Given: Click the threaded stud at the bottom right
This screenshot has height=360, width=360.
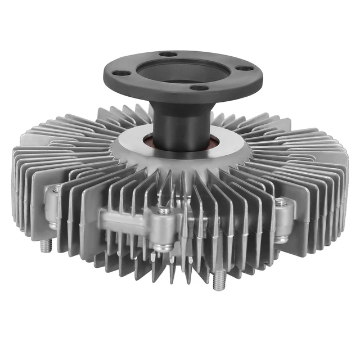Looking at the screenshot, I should (x=219, y=279).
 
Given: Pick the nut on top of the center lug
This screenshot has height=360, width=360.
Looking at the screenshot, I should (x=164, y=210).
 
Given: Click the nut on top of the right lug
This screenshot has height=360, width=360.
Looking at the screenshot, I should (x=279, y=201).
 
